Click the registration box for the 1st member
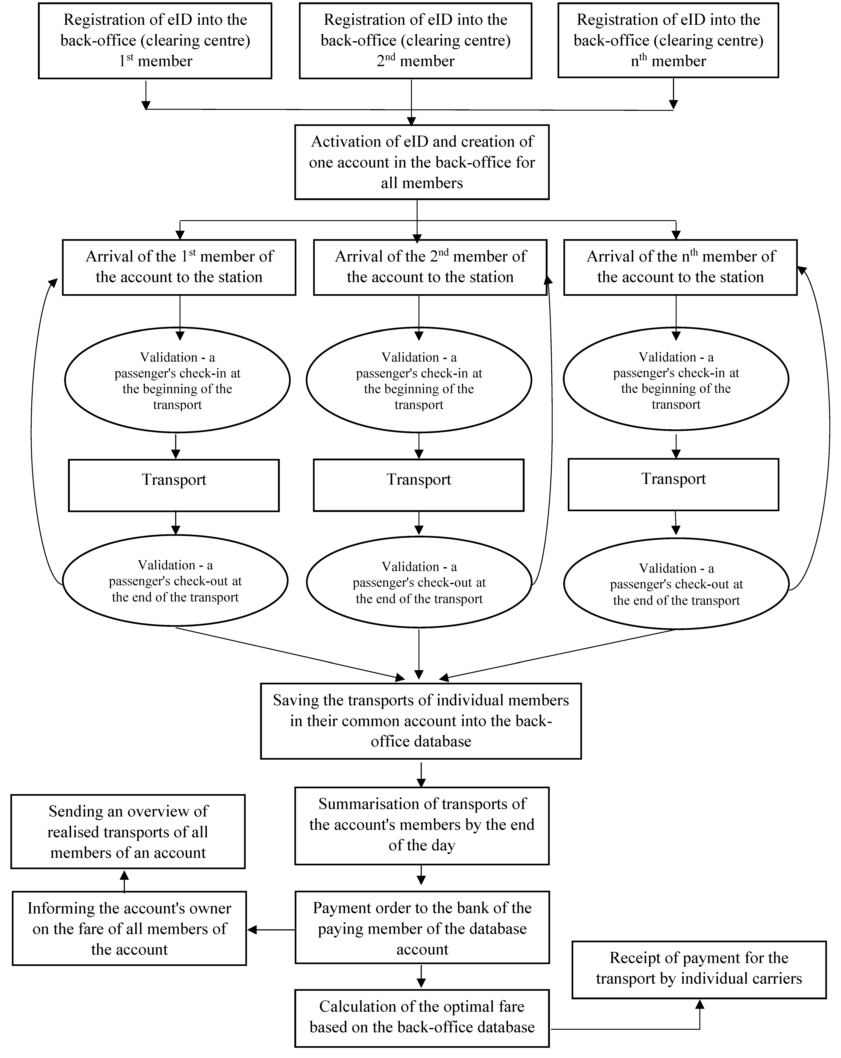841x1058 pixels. pos(155,41)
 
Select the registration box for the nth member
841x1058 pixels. pos(668,41)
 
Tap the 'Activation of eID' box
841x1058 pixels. pos(421,162)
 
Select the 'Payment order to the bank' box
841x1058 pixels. pos(422,928)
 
